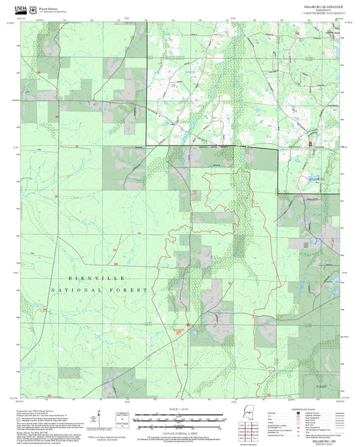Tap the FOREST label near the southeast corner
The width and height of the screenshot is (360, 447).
click(x=326, y=385)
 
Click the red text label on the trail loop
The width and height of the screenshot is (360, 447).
click(x=174, y=330)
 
